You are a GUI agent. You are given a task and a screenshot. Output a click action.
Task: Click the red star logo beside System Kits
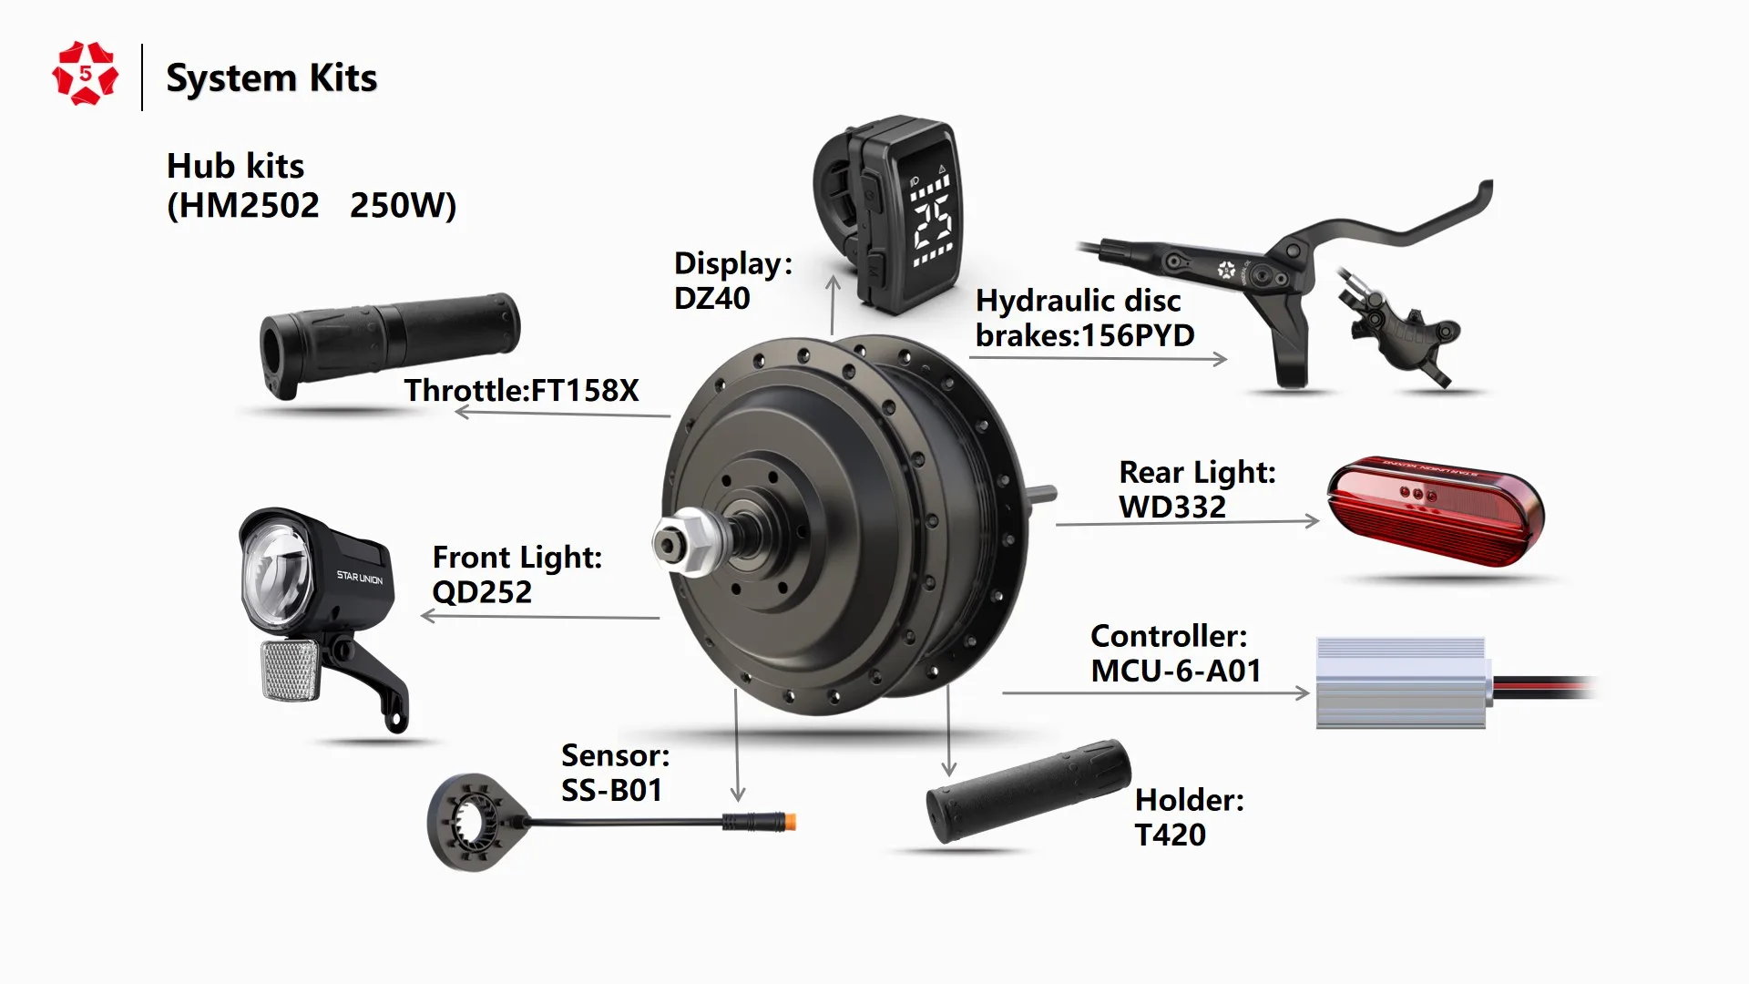(x=85, y=74)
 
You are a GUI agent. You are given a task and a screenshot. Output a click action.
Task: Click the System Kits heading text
(x=271, y=78)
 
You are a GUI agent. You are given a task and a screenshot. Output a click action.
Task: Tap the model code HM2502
(x=243, y=206)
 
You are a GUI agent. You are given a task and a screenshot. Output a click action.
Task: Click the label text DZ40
(x=711, y=298)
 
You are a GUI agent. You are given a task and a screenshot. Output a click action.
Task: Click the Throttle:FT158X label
(x=521, y=390)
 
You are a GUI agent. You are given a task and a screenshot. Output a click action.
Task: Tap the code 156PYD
(x=1136, y=336)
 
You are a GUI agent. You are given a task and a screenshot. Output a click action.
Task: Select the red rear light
(x=1434, y=510)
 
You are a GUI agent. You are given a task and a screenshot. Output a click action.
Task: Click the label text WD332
(x=1171, y=507)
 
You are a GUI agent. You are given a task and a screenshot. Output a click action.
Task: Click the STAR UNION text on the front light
(x=360, y=578)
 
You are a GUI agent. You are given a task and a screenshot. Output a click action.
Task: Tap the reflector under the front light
(x=290, y=670)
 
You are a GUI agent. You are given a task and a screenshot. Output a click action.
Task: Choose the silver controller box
(x=1400, y=682)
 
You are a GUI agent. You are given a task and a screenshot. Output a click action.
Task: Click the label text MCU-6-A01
(x=1175, y=671)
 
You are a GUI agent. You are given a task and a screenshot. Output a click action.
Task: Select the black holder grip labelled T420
(x=1028, y=790)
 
